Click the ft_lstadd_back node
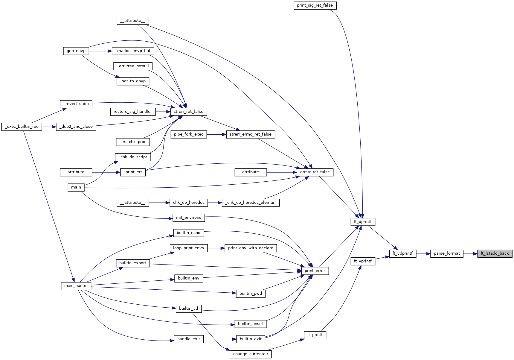click(495, 253)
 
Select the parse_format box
click(447, 253)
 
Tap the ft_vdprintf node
click(402, 253)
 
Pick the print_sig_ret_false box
click(315, 5)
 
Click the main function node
click(76, 187)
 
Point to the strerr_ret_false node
click(188, 112)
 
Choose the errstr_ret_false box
click(315, 172)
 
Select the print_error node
click(315, 271)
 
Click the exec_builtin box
click(76, 286)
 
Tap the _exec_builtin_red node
click(22, 127)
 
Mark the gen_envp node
click(76, 51)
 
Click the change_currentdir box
click(251, 354)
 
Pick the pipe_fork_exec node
click(188, 134)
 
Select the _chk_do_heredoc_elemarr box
click(251, 203)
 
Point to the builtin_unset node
click(251, 324)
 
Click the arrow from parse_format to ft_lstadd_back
click(470, 253)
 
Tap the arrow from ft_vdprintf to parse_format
click(423, 253)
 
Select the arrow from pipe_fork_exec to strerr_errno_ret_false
click(216, 134)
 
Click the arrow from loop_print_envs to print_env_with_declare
click(216, 248)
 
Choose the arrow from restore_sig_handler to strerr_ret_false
click(163, 112)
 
